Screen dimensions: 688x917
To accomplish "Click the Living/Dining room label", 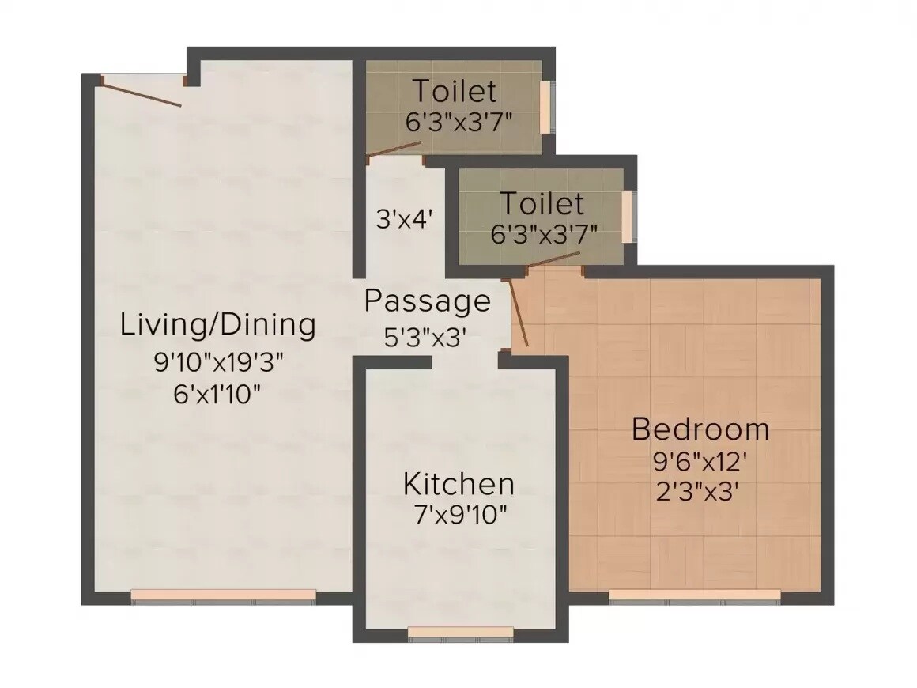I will pyautogui.click(x=217, y=325).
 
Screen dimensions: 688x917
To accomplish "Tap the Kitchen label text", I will pyautogui.click(x=458, y=483).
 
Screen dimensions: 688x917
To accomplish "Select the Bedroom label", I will pyautogui.click(x=700, y=429).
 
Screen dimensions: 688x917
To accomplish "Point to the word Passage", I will pyautogui.click(x=427, y=301).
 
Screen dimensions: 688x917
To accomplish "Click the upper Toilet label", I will pyautogui.click(x=455, y=92).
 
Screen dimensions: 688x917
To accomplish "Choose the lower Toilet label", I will pyautogui.click(x=542, y=204).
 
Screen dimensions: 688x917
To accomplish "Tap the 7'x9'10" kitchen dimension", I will pyautogui.click(x=459, y=515).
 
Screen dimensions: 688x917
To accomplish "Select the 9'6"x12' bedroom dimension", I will pyautogui.click(x=700, y=461).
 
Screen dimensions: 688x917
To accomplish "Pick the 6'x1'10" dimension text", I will pyautogui.click(x=217, y=393).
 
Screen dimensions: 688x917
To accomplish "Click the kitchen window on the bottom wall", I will pyautogui.click(x=461, y=631).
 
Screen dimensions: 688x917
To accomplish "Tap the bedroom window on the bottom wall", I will pyautogui.click(x=695, y=595).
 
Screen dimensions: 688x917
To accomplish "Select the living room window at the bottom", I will pyautogui.click(x=224, y=595).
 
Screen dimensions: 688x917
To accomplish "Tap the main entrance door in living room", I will pyautogui.click(x=142, y=92).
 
